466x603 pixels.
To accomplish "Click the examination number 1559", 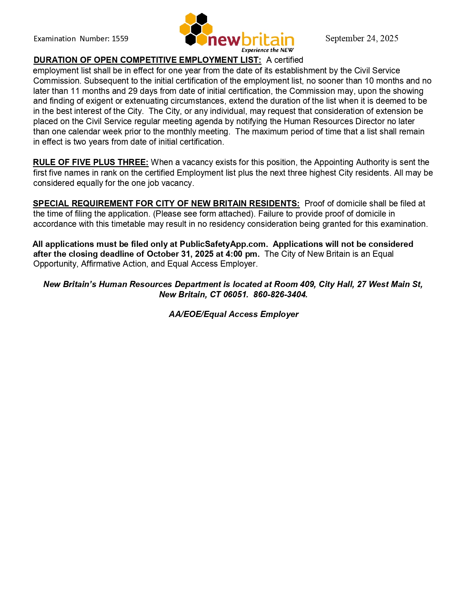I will coord(120,39).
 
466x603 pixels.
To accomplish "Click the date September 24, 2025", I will coord(362,38).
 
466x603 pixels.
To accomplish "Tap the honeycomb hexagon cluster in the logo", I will coord(196,29).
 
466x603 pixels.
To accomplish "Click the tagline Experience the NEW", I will coord(268,50).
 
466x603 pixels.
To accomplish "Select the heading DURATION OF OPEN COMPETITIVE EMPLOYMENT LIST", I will coord(147,60).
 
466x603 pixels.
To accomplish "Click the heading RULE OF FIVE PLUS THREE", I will coord(91,162).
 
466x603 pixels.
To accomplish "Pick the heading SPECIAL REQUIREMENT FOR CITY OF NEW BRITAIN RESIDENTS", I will coord(166,203).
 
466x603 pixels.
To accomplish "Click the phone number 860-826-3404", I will coord(280,294).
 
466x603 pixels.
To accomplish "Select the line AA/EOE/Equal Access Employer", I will coord(233,314).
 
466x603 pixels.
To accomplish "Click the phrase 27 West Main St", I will coord(389,284).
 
